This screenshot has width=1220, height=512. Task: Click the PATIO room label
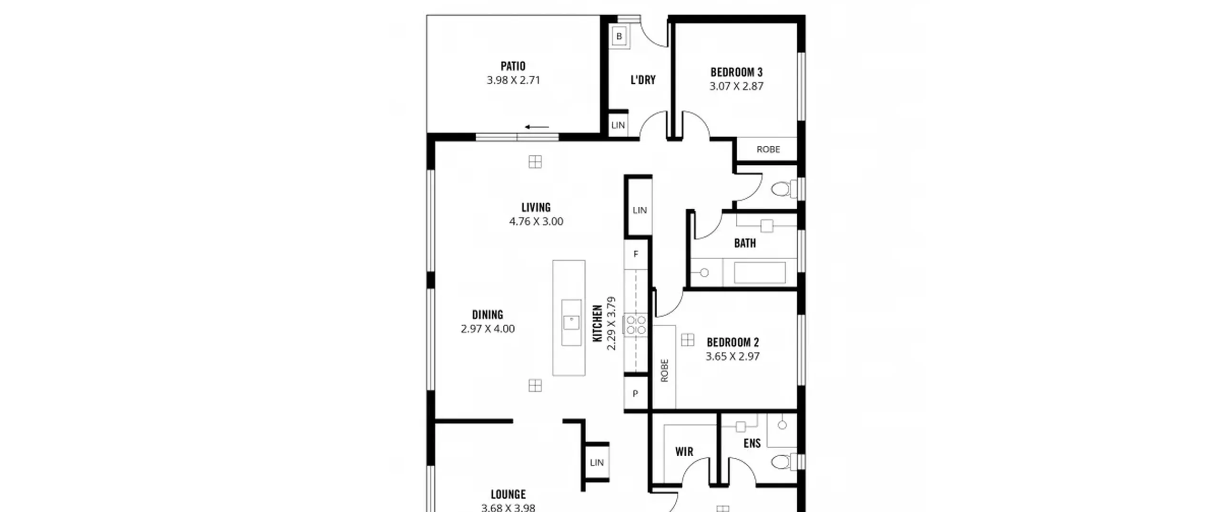pyautogui.click(x=513, y=66)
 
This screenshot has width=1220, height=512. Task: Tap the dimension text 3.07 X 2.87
pyautogui.click(x=736, y=86)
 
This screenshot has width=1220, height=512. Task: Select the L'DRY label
pyautogui.click(x=643, y=80)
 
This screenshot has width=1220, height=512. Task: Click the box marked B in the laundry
pyautogui.click(x=619, y=36)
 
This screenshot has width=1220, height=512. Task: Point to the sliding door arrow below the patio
pyautogui.click(x=537, y=127)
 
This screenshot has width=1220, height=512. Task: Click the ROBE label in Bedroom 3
pyautogui.click(x=768, y=150)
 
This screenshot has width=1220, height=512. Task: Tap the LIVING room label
pyautogui.click(x=536, y=207)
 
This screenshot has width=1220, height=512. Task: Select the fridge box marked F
pyautogui.click(x=636, y=254)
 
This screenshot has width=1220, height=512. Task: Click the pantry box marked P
pyautogui.click(x=635, y=394)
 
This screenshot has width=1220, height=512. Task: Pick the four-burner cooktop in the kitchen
pyautogui.click(x=636, y=325)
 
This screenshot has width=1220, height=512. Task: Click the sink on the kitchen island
pyautogui.click(x=571, y=322)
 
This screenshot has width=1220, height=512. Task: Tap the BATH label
pyautogui.click(x=745, y=243)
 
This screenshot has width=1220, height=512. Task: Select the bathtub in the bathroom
pyautogui.click(x=760, y=273)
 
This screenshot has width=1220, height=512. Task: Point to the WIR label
pyautogui.click(x=684, y=452)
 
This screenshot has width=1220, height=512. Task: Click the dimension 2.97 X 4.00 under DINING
pyautogui.click(x=488, y=329)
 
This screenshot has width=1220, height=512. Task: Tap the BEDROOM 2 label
pyautogui.click(x=732, y=342)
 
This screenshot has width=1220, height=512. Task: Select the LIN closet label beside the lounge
pyautogui.click(x=597, y=462)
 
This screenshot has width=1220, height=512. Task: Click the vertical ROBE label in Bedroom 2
pyautogui.click(x=665, y=371)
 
